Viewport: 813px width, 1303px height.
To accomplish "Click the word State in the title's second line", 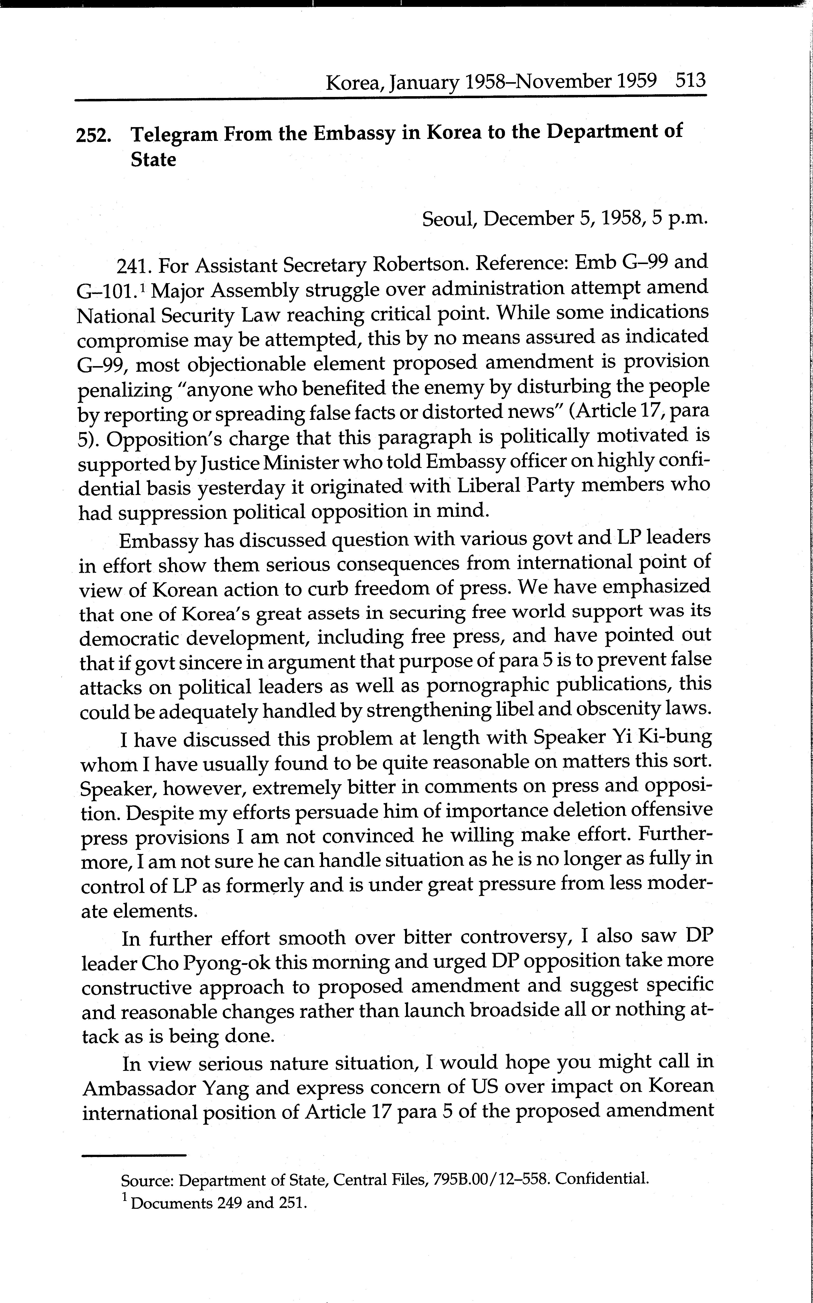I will [x=153, y=160].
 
